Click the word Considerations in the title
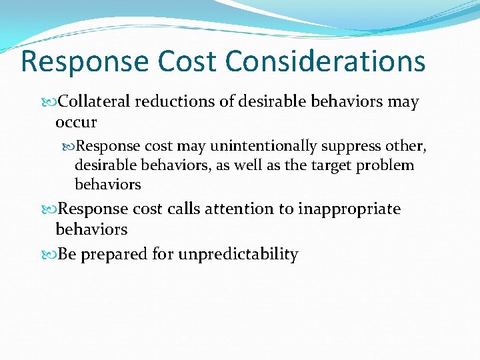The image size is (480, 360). point(325,61)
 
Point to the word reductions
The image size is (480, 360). point(175,102)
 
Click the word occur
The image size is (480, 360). point(76,122)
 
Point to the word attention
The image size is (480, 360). point(242,209)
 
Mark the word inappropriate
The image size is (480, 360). point(349,209)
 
